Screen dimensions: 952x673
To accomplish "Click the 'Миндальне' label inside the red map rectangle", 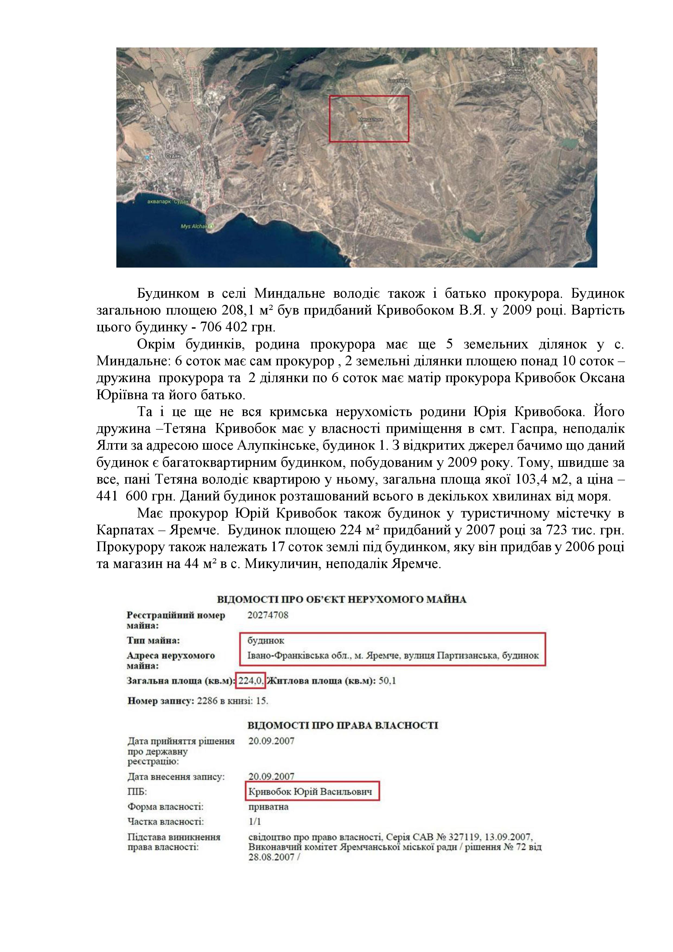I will (370, 119).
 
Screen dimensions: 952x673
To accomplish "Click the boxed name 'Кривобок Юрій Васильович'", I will (310, 792).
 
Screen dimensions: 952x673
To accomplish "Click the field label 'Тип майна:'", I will (153, 641).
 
